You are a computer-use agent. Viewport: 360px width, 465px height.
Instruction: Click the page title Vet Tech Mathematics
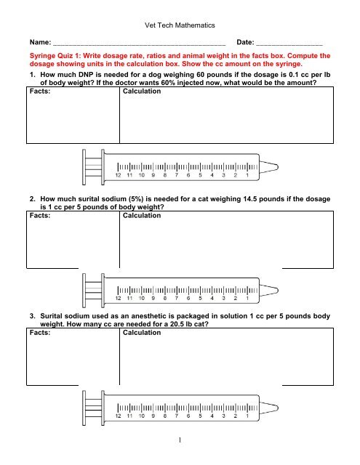pos(180,25)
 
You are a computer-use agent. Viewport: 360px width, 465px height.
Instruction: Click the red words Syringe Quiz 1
pos(56,55)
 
